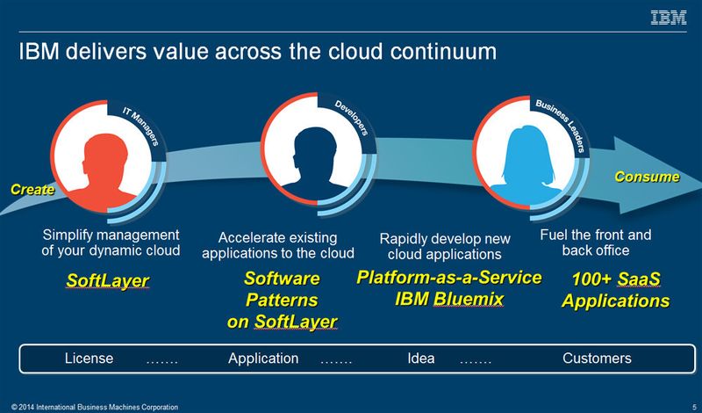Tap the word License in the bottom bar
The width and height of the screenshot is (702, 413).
(x=90, y=359)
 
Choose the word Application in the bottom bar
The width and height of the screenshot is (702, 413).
(x=264, y=359)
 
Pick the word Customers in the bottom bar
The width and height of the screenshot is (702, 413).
(x=597, y=359)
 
